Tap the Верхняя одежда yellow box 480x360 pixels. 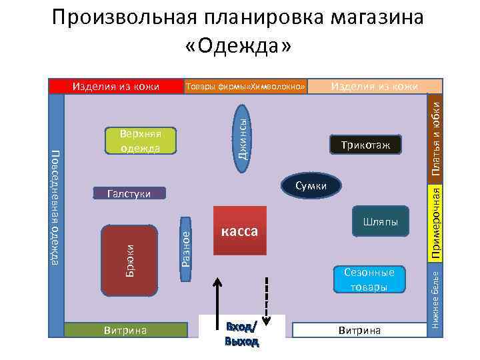pyautogui.click(x=141, y=140)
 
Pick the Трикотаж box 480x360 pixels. pyautogui.click(x=367, y=145)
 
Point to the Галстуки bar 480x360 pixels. pyautogui.click(x=129, y=193)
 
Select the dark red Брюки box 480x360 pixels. pyautogui.click(x=130, y=260)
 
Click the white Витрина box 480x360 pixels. pyautogui.click(x=360, y=330)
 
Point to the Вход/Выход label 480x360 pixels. pyautogui.click(x=241, y=334)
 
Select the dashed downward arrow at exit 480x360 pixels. pyautogui.click(x=267, y=293)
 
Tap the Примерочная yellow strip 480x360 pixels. pyautogui.click(x=435, y=223)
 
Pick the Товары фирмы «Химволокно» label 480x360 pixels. pyautogui.click(x=245, y=87)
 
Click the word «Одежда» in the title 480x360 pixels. pyautogui.click(x=239, y=45)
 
